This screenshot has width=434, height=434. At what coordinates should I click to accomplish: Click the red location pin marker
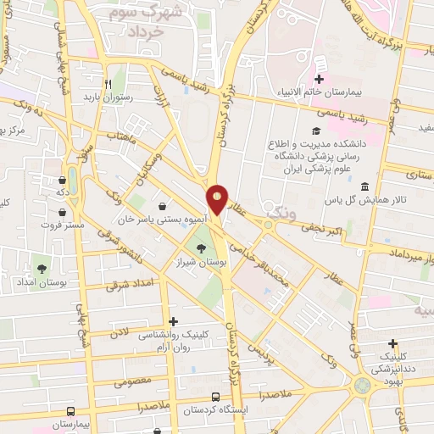218,199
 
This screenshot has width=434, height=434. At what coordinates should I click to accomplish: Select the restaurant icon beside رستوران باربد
108,84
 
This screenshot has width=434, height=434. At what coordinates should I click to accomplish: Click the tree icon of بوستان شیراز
200,248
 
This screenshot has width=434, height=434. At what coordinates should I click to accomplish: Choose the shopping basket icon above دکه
63,180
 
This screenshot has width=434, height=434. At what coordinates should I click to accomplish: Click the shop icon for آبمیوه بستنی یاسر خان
162,206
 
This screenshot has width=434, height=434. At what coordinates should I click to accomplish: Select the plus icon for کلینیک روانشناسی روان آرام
175,321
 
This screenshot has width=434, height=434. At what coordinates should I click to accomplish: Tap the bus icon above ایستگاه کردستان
216,397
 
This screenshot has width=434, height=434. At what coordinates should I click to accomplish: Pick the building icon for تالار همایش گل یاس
365,186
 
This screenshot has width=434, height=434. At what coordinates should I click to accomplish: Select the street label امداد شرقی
129,286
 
